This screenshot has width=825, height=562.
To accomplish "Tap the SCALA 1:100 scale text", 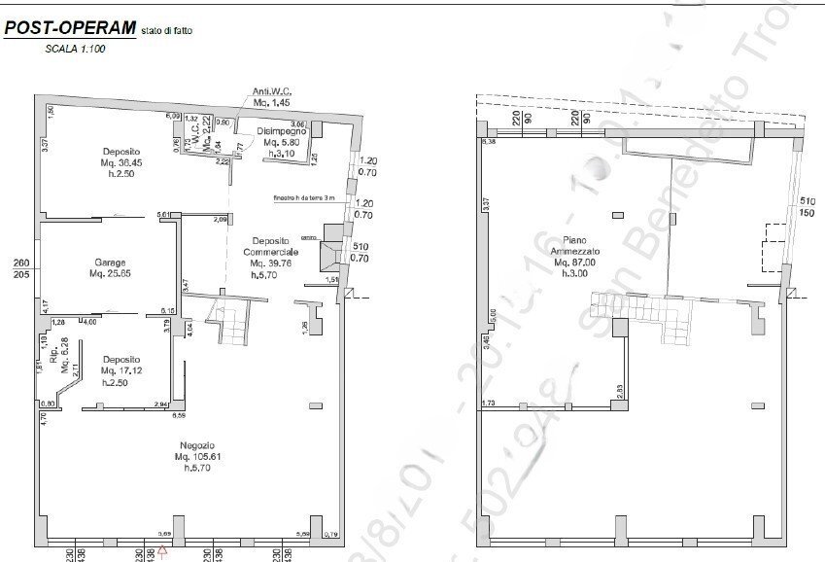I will tap(75, 48).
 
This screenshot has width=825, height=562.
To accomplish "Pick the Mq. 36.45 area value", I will tap(123, 162).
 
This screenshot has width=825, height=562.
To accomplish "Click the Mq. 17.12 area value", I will tap(122, 370).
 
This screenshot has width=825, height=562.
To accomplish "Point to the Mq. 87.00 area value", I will tap(576, 262).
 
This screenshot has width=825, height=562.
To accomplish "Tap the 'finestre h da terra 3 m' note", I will tap(304, 197).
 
